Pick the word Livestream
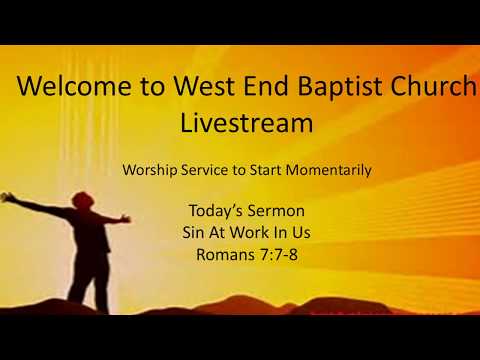point(246,123)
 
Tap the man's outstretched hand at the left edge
point(7,197)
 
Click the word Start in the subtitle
point(262,170)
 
